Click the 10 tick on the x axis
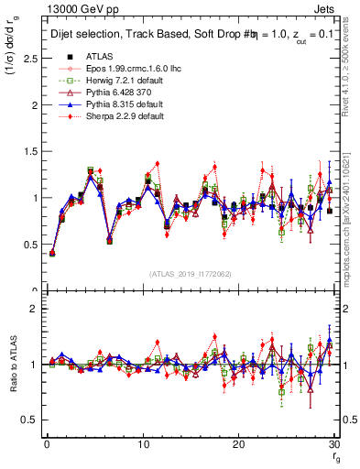click(142, 445)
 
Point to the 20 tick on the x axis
click(238, 445)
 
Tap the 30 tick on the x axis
click(333, 445)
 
